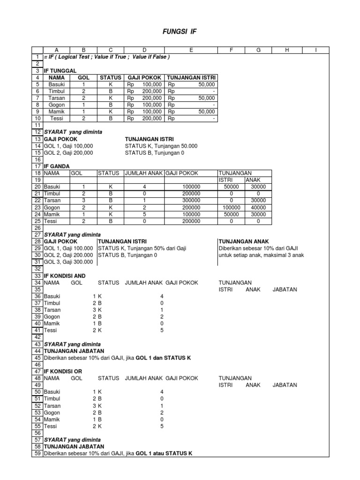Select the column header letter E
click(191, 50)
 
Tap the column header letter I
click(316, 50)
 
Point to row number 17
click(37, 166)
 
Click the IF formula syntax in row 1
click(106, 57)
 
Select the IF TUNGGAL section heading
click(60, 70)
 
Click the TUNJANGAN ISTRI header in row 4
click(191, 77)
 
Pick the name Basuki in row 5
click(56, 84)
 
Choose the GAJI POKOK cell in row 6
click(144, 91)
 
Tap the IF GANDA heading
click(56, 166)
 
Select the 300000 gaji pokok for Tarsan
click(191, 200)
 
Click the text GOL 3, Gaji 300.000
click(68, 262)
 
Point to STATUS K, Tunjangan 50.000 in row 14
click(161, 146)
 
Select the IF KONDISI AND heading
click(65, 276)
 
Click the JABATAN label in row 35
click(285, 289)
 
